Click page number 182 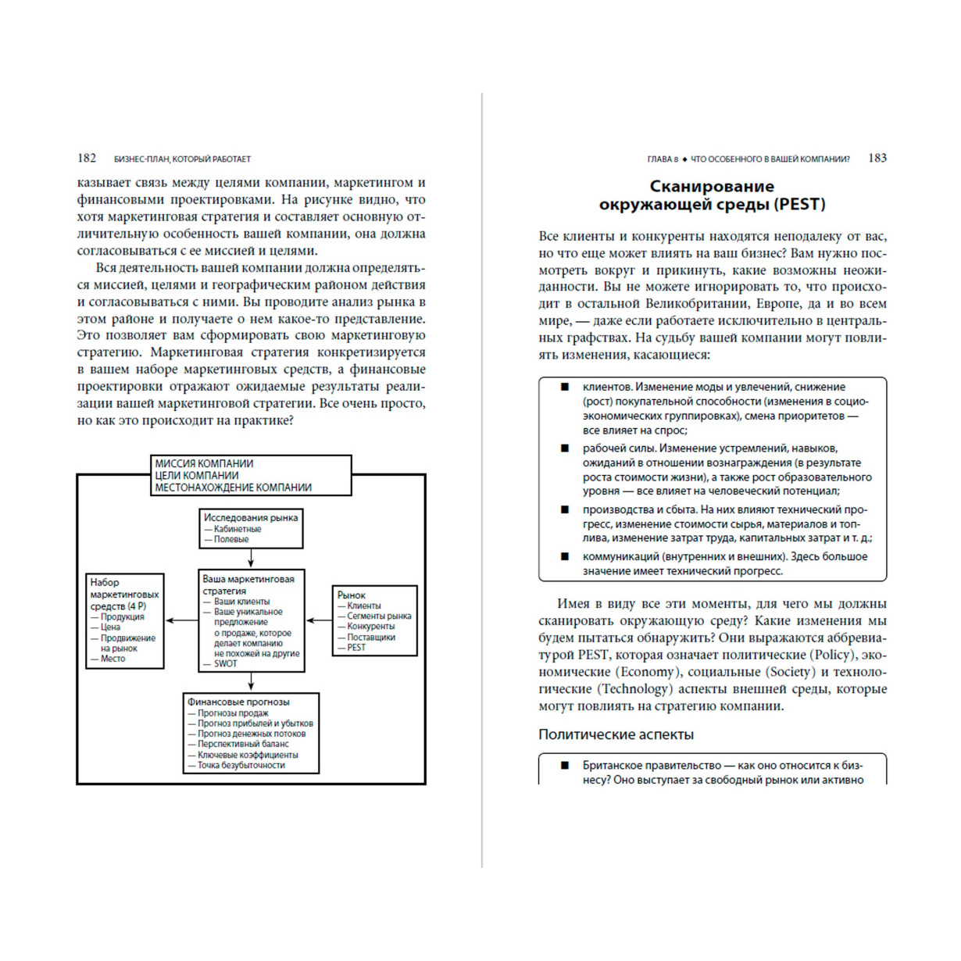tap(87, 159)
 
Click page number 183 tap(877, 158)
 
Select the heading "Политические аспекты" tap(616, 734)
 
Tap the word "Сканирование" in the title tap(712, 186)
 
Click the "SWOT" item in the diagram tap(226, 664)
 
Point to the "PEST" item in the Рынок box tap(356, 648)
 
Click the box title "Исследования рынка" tap(251, 517)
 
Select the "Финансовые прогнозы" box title tap(238, 702)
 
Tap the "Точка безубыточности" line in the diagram tap(241, 766)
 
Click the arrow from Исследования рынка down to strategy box tap(251, 559)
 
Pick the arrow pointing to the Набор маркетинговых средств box tap(182, 620)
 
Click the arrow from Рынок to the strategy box tap(319, 620)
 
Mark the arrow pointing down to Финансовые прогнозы tap(251, 682)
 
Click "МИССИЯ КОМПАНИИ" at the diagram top tap(204, 463)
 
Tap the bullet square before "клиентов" tap(564, 387)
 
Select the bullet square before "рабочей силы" tap(564, 448)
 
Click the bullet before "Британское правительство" tap(564, 766)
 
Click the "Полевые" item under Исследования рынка tap(231, 539)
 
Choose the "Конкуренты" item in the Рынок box tap(370, 627)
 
